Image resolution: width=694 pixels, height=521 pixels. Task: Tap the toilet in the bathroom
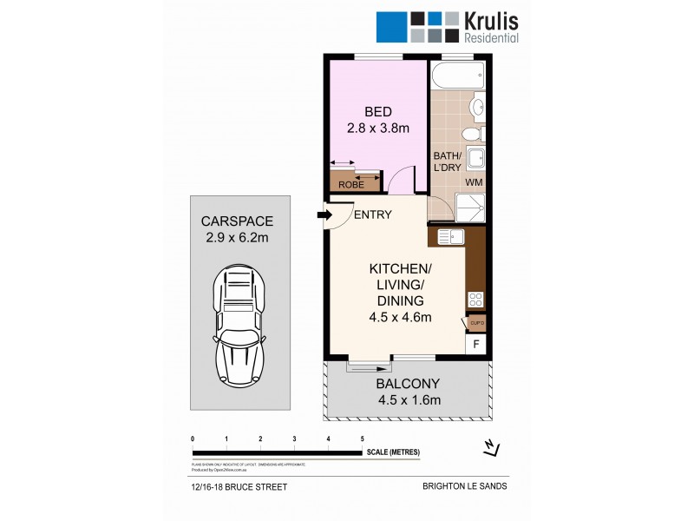pos(469,133)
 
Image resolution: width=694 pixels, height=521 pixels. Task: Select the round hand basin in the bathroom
pos(476,108)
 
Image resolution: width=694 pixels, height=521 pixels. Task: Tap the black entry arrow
pos(325,215)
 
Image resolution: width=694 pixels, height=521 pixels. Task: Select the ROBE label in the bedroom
pos(351,184)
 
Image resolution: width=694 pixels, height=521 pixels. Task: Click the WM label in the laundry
pos(474,182)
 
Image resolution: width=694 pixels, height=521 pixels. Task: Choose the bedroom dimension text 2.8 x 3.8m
pos(377,129)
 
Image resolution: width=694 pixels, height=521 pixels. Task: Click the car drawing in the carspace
pos(238,326)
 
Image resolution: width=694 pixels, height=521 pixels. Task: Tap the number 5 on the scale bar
pos(362,439)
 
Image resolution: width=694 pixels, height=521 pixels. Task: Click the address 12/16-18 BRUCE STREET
pos(237,486)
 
